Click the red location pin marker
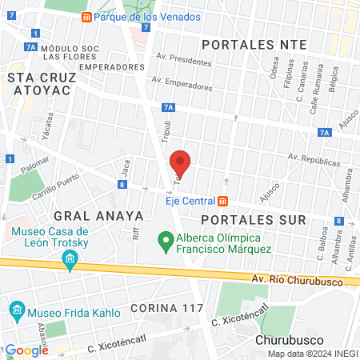tap(181, 163)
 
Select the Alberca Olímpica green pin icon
tap(166, 239)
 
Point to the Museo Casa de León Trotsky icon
tap(70, 259)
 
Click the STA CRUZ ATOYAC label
tap(40, 83)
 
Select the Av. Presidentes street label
tap(185, 59)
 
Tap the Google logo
tap(27, 350)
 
